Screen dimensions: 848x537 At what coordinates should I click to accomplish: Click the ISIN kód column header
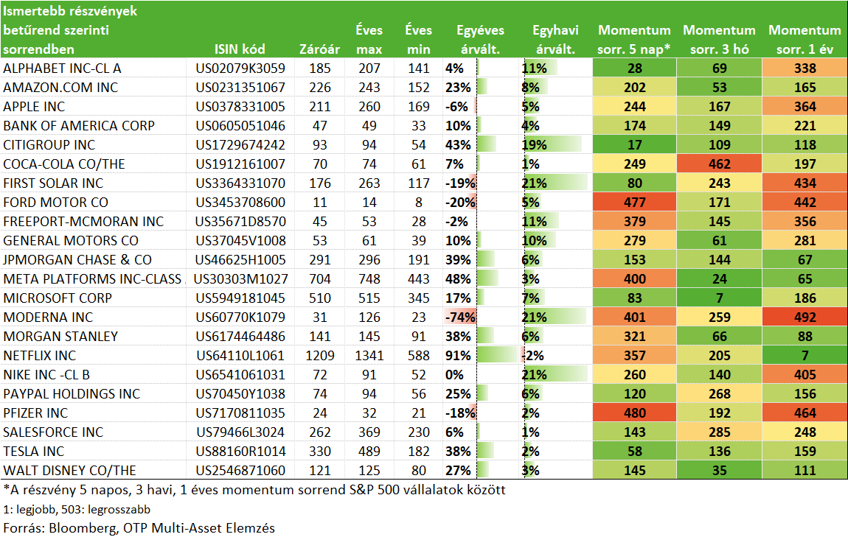[240, 49]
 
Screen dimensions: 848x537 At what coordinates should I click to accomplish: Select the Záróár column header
[319, 49]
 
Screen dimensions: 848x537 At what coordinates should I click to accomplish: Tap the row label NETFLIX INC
[40, 356]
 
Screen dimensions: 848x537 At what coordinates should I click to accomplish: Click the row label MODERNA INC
[48, 317]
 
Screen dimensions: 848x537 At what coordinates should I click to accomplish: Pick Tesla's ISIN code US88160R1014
[240, 451]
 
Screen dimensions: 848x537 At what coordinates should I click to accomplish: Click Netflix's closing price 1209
[319, 356]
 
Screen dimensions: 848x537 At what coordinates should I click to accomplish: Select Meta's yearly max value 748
[369, 278]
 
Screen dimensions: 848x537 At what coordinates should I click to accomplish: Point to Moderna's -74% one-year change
[460, 317]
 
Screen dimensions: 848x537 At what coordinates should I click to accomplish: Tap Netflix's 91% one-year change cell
[458, 356]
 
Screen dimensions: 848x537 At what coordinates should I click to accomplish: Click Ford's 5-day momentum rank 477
[634, 202]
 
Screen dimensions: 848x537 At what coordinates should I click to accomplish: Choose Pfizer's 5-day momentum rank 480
[634, 413]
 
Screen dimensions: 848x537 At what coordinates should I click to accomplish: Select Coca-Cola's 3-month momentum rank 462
[719, 164]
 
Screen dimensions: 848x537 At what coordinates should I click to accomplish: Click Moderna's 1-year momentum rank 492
[804, 317]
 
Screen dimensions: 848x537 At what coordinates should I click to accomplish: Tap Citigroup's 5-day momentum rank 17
[634, 145]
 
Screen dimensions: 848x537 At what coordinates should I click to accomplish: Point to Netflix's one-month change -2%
[532, 356]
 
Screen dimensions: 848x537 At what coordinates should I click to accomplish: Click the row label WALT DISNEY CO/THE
[70, 471]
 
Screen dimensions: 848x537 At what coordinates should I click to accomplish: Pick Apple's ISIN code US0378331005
[240, 106]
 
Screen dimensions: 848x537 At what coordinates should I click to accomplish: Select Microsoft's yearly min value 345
[419, 298]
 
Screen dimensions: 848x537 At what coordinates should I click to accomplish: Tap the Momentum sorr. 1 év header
[804, 40]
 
